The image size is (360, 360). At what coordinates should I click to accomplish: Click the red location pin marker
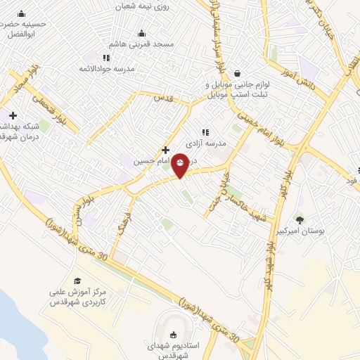[x=181, y=165]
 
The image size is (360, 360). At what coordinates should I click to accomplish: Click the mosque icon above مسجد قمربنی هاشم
[x=142, y=32]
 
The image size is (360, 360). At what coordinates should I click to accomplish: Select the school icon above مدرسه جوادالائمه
[x=105, y=57]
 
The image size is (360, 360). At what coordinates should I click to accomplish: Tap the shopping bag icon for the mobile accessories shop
[x=237, y=72]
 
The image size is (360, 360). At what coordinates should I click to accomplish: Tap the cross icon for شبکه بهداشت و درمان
[x=13, y=115]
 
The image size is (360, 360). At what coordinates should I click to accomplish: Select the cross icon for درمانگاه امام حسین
[x=165, y=149]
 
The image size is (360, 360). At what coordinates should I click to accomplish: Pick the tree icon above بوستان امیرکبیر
[x=300, y=220]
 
